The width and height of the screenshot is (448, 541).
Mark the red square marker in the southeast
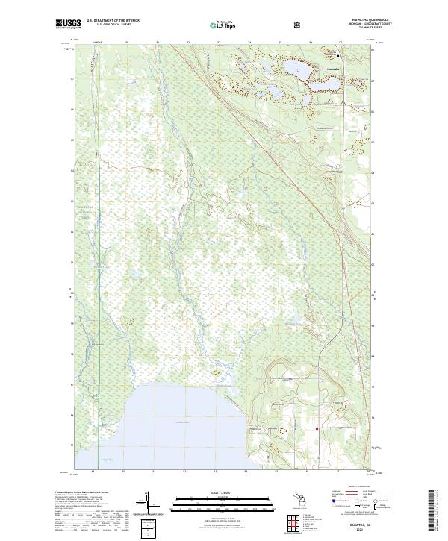click(x=317, y=428)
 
